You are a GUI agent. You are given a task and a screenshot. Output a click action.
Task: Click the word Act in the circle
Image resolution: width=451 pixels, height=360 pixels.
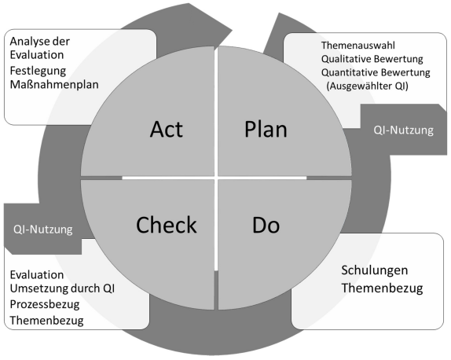click(167, 129)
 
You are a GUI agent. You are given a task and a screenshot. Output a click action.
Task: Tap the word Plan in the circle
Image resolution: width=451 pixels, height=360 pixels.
click(266, 129)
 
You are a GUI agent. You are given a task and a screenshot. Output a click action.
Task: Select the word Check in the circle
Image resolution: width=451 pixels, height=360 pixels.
click(167, 225)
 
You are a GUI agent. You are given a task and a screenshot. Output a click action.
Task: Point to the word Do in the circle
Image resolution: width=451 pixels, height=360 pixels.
click(266, 225)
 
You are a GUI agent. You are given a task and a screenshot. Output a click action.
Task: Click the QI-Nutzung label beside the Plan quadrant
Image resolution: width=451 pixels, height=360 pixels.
click(403, 130)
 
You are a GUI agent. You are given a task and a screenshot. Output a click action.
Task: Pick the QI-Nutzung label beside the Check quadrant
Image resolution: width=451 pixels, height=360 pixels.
click(43, 230)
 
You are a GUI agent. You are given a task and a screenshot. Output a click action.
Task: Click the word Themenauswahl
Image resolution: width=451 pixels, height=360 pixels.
click(358, 45)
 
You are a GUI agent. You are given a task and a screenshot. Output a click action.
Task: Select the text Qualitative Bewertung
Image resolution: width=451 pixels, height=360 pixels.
click(372, 59)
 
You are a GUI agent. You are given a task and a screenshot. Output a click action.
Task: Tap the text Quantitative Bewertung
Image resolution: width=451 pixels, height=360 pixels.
click(376, 72)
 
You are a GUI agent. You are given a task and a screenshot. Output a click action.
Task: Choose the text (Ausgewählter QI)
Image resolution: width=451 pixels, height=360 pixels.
click(367, 86)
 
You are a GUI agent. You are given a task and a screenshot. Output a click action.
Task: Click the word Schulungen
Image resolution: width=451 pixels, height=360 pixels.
click(375, 270)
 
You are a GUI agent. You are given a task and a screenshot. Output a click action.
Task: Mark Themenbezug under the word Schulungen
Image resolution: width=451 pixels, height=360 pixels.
click(382, 288)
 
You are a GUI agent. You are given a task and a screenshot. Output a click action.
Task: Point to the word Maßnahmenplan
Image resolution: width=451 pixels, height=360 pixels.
click(54, 85)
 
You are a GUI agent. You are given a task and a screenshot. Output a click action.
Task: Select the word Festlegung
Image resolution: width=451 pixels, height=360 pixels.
click(38, 71)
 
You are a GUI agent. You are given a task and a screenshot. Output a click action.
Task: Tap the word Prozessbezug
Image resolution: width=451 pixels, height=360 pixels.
click(45, 304)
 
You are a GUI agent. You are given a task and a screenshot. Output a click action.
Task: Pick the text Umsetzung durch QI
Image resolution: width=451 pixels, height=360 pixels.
click(62, 288)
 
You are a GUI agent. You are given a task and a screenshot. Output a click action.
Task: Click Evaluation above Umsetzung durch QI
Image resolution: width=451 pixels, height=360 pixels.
click(37, 275)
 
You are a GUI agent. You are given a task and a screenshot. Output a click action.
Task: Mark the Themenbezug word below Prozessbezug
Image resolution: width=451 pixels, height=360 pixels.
click(46, 320)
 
